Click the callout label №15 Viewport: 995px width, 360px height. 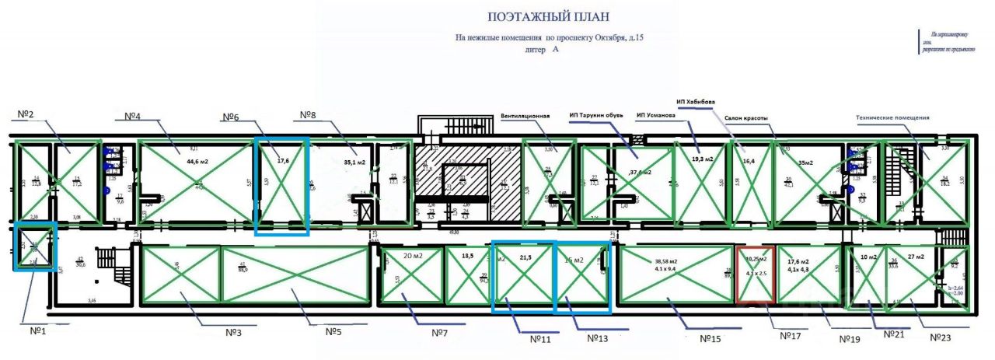[712, 338]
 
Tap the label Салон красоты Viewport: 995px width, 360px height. [746, 118]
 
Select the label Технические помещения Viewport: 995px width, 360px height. [892, 118]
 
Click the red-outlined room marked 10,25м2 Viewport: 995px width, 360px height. [755, 274]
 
